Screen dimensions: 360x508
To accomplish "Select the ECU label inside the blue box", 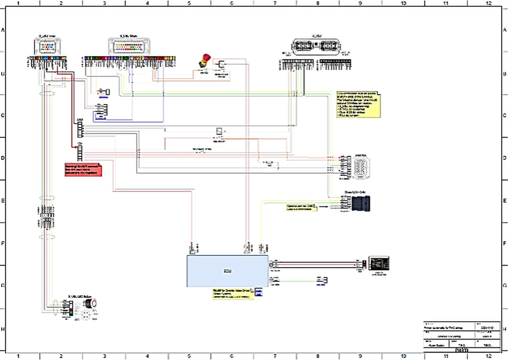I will coord(227,271).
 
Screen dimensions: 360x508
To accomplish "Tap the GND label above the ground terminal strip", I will coord(80,120).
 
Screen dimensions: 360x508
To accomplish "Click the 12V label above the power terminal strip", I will coord(80,143).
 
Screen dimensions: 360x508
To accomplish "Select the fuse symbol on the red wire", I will coord(268,163).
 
